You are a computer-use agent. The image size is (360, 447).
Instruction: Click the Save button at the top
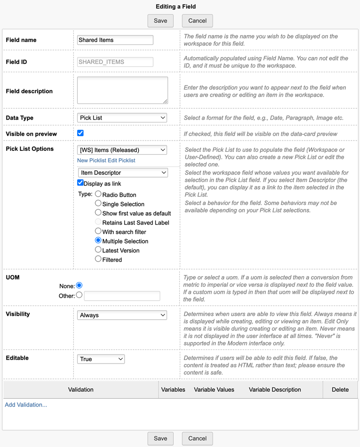pos(160,20)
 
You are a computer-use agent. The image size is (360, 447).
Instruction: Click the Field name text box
pos(115,40)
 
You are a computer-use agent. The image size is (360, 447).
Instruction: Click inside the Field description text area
pos(123,90)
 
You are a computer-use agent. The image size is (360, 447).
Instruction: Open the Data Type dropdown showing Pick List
pos(122,118)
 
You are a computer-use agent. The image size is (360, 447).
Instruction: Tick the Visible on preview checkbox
pos(81,133)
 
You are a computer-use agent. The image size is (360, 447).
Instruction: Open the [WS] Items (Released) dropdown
pos(122,150)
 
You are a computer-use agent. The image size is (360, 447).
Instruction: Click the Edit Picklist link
pos(122,161)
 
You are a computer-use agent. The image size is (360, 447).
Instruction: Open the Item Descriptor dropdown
pos(123,173)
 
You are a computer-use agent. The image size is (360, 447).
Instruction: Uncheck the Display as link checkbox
pos(81,183)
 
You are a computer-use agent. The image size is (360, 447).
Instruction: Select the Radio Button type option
pos(98,194)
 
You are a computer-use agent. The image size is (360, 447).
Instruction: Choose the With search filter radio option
pos(98,231)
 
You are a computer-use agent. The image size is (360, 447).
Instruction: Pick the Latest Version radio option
pos(98,250)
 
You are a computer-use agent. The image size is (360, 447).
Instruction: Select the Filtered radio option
pos(98,259)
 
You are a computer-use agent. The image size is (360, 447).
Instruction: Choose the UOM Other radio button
pos(79,295)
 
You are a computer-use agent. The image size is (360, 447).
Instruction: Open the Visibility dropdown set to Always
pos(122,315)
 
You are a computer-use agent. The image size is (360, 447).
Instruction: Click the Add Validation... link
pos(26,405)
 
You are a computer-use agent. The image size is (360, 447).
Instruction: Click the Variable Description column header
pos(275,389)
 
